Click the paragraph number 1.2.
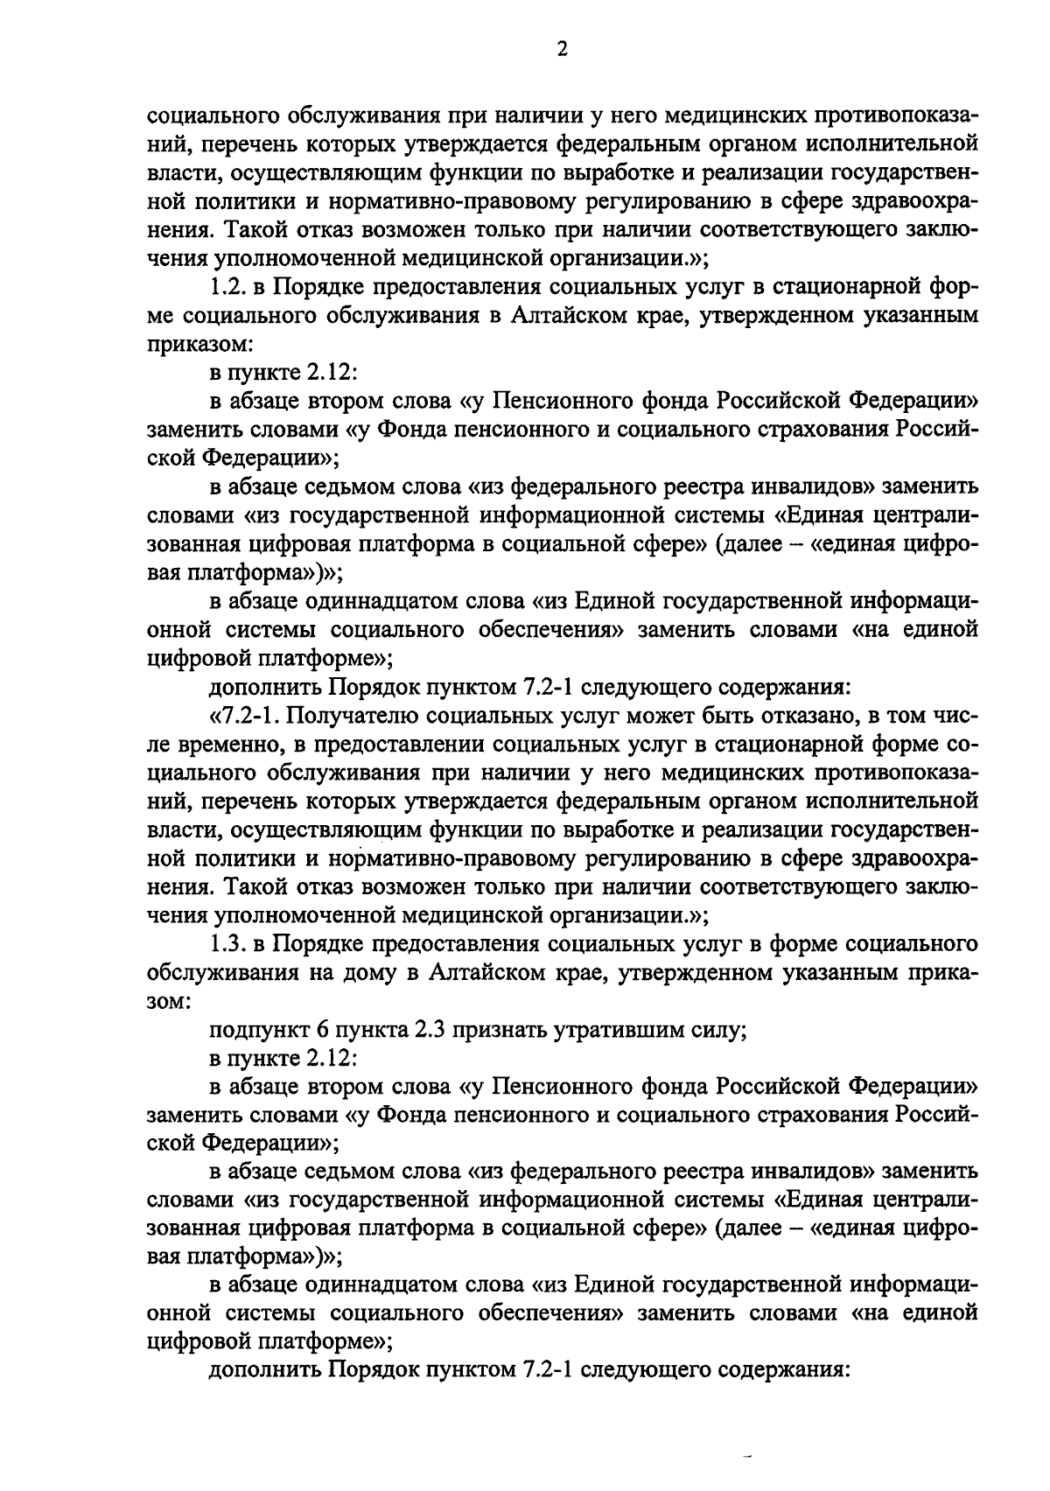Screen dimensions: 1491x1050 [230, 287]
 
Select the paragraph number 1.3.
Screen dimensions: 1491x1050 [230, 944]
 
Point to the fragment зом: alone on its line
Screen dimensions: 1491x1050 [168, 1001]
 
